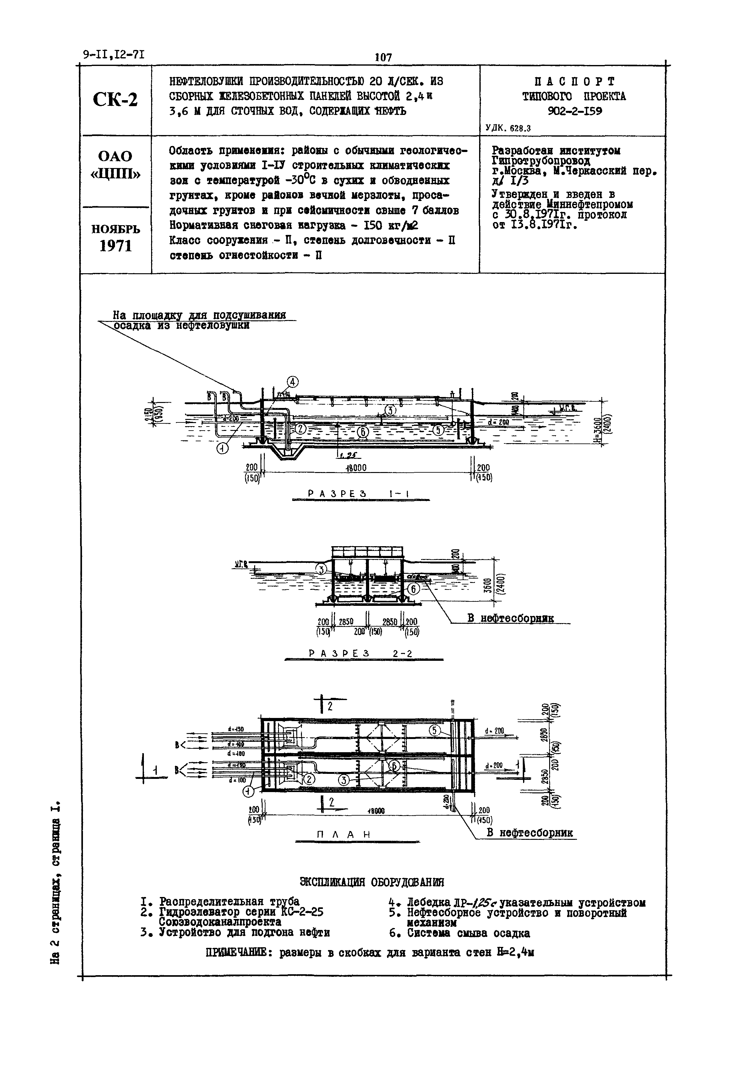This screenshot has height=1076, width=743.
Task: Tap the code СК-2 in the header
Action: (x=115, y=99)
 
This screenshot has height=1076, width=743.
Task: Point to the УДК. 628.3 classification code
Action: (x=508, y=128)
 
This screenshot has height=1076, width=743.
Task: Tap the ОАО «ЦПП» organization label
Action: (x=115, y=165)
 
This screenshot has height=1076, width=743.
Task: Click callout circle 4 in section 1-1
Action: (x=293, y=382)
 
